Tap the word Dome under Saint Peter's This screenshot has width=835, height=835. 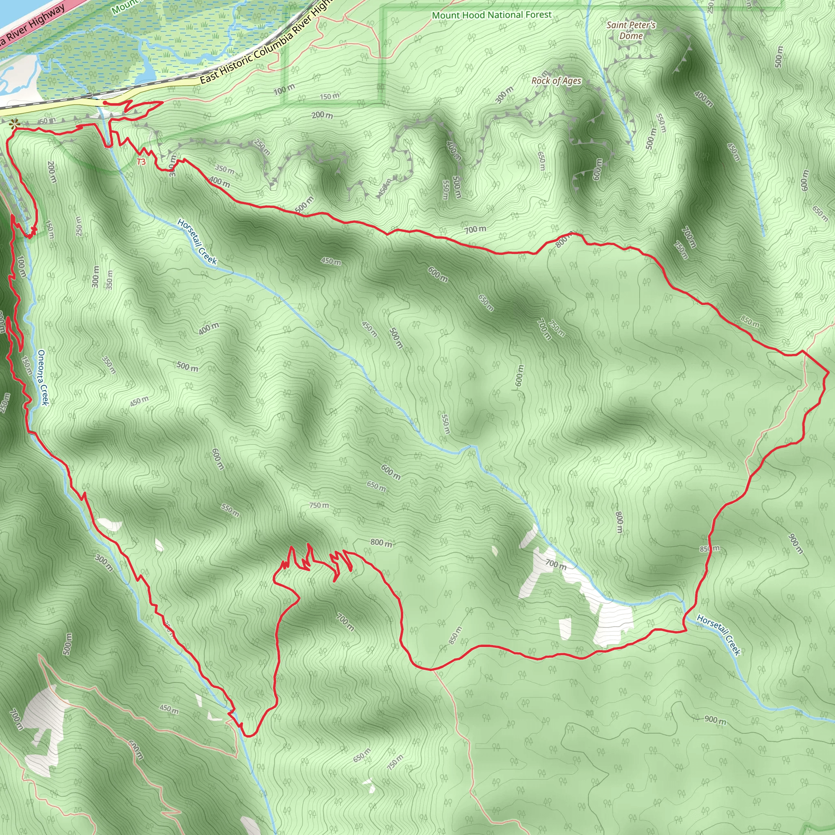click(631, 36)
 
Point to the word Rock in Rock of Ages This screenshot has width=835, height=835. click(540, 81)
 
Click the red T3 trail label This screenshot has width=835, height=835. click(141, 162)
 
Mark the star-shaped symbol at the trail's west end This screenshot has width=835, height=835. click(14, 124)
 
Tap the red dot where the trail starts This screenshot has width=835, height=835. click(105, 103)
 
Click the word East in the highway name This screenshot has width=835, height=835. click(209, 77)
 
